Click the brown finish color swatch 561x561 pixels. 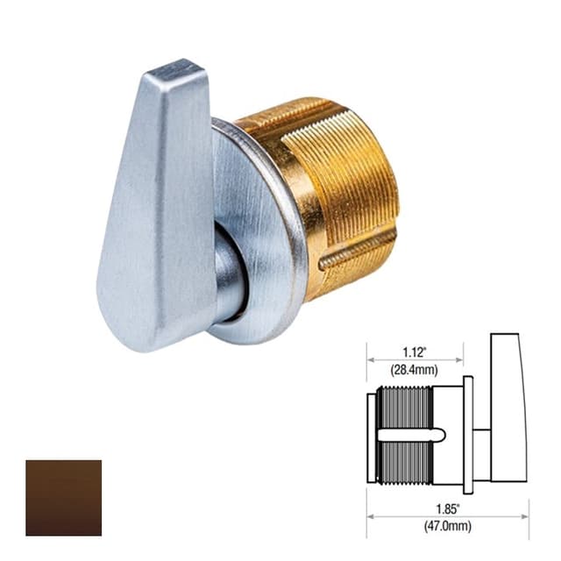[x=63, y=497]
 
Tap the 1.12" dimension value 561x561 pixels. [x=415, y=352]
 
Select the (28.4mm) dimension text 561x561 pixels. [x=415, y=370]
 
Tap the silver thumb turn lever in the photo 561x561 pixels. [x=158, y=210]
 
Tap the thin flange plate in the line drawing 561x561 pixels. [x=469, y=435]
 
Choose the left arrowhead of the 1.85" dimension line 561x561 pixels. [x=370, y=515]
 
